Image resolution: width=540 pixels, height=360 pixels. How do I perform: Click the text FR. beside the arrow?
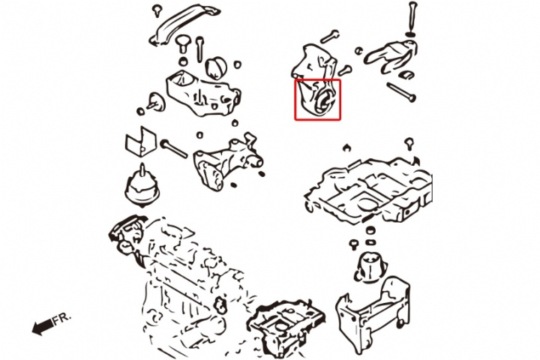click(61, 319)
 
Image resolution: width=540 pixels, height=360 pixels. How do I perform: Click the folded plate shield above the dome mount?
click(140, 141)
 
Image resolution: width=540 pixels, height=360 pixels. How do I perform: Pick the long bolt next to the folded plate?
click(174, 148)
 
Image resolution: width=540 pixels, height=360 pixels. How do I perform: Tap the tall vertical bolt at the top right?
click(412, 16)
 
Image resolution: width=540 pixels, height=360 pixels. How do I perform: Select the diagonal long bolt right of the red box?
click(401, 92)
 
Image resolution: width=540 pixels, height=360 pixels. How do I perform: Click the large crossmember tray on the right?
click(368, 190)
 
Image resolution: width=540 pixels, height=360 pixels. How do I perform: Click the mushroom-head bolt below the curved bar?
click(184, 43)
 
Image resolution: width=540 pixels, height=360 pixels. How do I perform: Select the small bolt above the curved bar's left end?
click(157, 10)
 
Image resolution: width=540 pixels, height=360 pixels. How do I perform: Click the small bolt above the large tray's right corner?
click(409, 143)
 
